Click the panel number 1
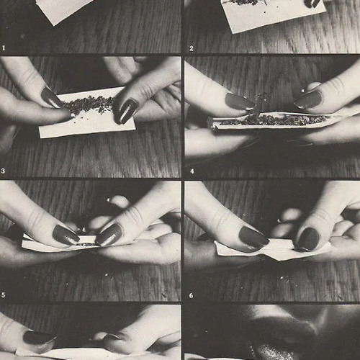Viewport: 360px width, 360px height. (x=4, y=48)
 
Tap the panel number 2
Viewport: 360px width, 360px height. (x=191, y=48)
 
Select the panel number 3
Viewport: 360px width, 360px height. (x=3, y=171)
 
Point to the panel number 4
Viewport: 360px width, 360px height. (x=192, y=171)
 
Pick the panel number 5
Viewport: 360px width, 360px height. (x=3, y=295)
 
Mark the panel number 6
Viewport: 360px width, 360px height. (x=191, y=295)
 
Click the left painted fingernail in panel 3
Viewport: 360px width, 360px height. (x=50, y=98)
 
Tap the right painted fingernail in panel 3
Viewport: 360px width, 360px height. (x=125, y=111)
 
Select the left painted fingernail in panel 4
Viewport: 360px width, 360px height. (x=240, y=102)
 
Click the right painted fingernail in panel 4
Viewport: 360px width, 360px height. (x=308, y=99)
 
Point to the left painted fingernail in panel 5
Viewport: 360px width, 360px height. (x=66, y=235)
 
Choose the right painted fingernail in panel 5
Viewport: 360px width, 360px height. (x=109, y=235)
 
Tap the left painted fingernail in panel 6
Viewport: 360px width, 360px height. (x=253, y=238)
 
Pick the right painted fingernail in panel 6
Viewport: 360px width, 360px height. (x=308, y=239)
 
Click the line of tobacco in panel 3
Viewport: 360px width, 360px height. (x=86, y=104)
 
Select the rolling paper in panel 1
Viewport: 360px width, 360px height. (x=63, y=9)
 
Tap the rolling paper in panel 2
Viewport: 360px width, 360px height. (x=274, y=15)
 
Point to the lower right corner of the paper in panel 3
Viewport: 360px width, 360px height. (x=135, y=130)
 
